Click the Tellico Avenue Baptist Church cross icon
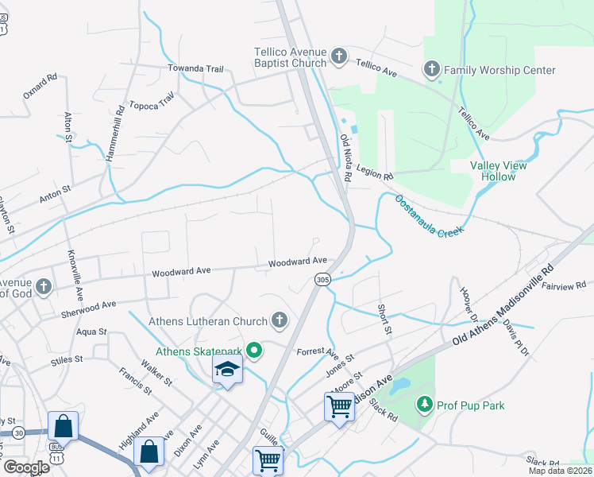click(x=338, y=56)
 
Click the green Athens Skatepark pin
click(x=254, y=350)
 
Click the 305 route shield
click(x=322, y=279)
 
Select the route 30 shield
click(x=18, y=432)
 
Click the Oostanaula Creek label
click(x=429, y=215)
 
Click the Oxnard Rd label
click(x=40, y=87)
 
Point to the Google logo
click(x=26, y=467)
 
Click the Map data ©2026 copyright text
click(x=560, y=471)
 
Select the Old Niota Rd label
click(x=346, y=155)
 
